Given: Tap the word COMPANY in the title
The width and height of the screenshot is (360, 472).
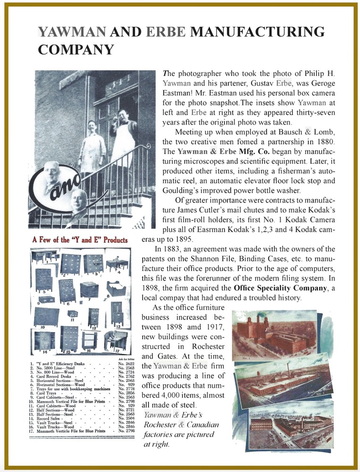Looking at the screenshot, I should (75, 49).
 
